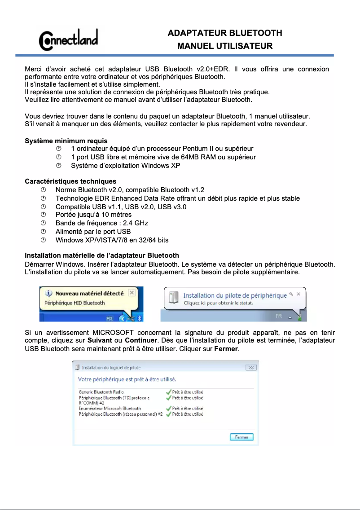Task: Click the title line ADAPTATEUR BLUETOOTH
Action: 224,33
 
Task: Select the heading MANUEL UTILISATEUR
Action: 224,46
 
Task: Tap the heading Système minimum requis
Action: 66,141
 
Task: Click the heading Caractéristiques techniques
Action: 70,181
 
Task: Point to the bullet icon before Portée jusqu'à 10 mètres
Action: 44,215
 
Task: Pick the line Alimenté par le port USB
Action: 93,232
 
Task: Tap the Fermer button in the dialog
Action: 241,437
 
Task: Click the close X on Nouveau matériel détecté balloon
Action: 132,293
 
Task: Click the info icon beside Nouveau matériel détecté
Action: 49,294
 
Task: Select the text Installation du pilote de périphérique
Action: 235,295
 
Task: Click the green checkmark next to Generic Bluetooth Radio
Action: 168,392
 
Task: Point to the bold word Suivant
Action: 100,341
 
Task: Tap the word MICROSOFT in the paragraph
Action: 116,333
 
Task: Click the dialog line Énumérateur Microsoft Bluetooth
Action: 110,409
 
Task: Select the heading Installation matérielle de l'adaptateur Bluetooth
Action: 101,255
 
